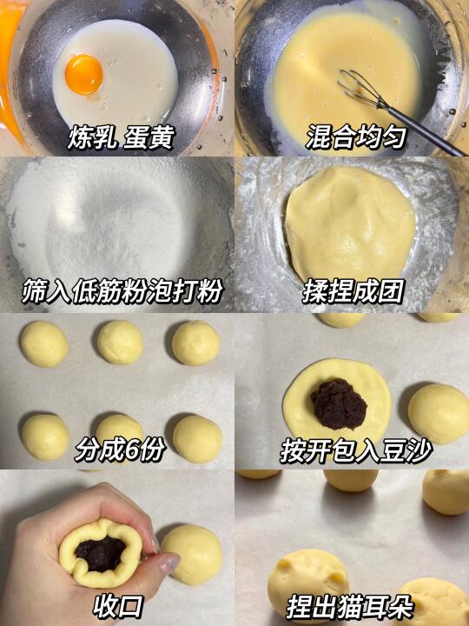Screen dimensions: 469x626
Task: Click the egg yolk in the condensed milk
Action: pos(83,74)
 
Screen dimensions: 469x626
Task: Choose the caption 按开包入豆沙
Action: pos(356,451)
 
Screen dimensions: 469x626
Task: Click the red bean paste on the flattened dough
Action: pos(339,403)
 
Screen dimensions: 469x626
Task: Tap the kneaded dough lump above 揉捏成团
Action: pos(351,224)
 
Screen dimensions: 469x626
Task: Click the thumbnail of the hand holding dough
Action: pos(117,548)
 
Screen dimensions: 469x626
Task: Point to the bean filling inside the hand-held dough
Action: pos(100,553)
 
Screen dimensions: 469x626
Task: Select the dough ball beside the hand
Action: pos(192,554)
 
